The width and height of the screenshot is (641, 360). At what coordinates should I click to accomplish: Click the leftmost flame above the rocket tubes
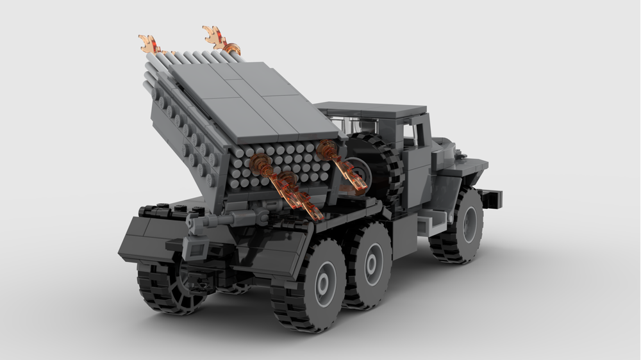tap(149, 44)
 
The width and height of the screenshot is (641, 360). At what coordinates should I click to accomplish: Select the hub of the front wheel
tap(470, 224)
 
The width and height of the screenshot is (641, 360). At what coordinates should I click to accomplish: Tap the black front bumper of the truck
tap(490, 199)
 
